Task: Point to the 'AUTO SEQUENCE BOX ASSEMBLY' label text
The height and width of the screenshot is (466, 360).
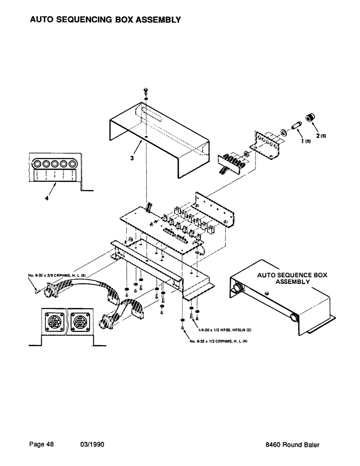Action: [292, 279]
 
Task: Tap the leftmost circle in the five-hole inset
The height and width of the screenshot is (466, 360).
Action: [37, 164]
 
